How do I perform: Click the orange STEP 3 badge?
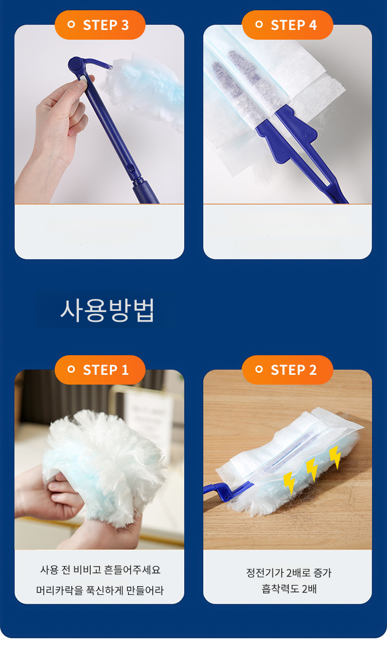100,25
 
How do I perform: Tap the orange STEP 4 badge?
287,25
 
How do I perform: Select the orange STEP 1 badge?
100,370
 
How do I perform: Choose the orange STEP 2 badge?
287,370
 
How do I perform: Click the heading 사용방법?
107,310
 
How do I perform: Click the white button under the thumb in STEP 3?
83,79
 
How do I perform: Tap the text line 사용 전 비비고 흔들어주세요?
100,570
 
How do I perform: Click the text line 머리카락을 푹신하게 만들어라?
100,590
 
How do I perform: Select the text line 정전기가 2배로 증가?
288,572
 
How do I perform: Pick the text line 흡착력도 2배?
289,588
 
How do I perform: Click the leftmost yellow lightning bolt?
289,483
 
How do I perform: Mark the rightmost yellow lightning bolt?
335,457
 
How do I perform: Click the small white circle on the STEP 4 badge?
259,24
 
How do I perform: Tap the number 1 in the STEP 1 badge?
125,370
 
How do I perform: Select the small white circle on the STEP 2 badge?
259,369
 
